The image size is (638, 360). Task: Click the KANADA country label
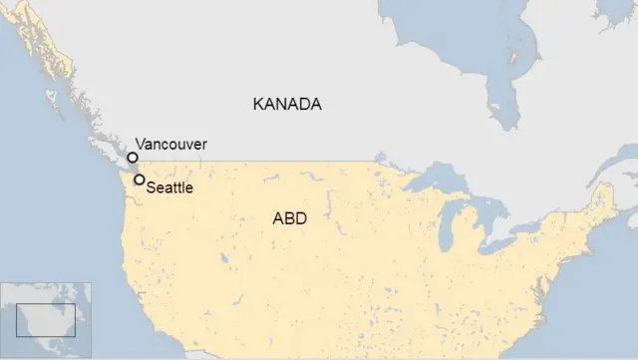[287, 104]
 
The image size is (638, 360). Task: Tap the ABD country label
[289, 218]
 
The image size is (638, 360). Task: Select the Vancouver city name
[170, 145]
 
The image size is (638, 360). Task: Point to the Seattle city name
[169, 186]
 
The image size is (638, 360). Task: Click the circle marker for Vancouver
[133, 158]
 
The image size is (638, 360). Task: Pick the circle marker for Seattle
[140, 180]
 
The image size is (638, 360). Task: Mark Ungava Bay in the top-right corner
[608, 12]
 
